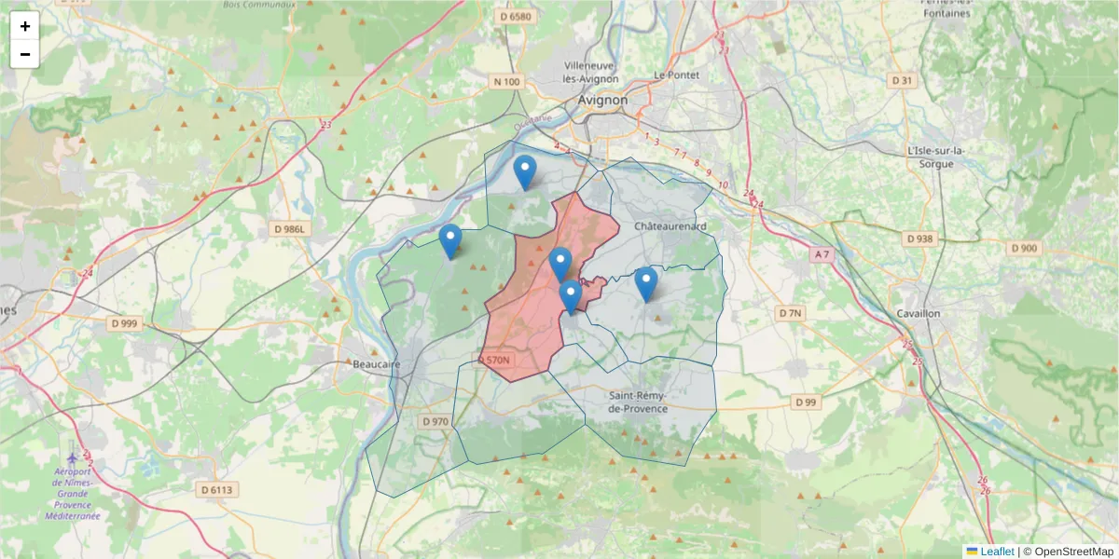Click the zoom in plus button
click(x=25, y=26)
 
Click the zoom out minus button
click(x=25, y=54)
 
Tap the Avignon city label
click(x=602, y=100)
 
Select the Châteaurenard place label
click(x=670, y=226)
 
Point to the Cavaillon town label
click(x=918, y=313)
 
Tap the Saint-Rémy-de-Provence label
click(x=638, y=402)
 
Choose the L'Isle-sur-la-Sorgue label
click(x=935, y=157)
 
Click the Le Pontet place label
click(x=676, y=75)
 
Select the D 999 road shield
click(x=123, y=323)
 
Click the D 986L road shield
click(x=290, y=228)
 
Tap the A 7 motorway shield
click(x=821, y=254)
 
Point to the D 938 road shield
click(x=919, y=239)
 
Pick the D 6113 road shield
click(x=217, y=489)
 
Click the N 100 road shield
click(x=506, y=82)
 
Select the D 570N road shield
click(x=495, y=360)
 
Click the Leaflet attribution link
click(x=996, y=552)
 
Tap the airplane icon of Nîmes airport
click(x=74, y=459)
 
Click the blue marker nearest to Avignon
click(x=525, y=171)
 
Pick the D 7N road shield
click(x=790, y=313)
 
